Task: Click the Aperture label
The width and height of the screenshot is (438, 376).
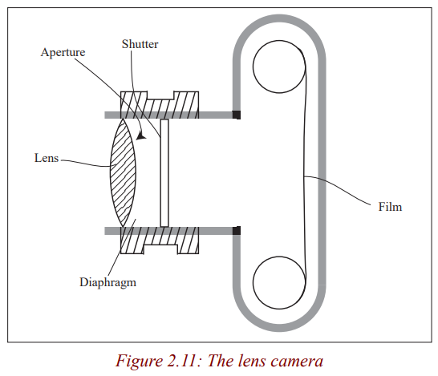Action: click(x=63, y=52)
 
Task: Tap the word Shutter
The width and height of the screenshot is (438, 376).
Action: click(x=140, y=44)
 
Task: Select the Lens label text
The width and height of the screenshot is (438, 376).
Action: click(x=47, y=158)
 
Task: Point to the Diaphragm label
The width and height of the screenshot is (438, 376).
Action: click(x=107, y=282)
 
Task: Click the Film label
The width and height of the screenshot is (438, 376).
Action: click(x=390, y=207)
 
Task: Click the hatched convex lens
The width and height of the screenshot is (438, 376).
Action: click(x=123, y=172)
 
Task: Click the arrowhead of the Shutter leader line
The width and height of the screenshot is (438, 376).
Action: click(x=141, y=136)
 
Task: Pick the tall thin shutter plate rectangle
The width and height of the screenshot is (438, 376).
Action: click(x=164, y=173)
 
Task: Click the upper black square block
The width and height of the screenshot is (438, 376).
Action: click(x=237, y=115)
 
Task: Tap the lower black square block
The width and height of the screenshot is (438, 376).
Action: click(x=237, y=231)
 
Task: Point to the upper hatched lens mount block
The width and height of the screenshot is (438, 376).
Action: click(x=160, y=105)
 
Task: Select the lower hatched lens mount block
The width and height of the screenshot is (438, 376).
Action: click(x=160, y=241)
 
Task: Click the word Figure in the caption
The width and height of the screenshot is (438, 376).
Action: click(x=139, y=362)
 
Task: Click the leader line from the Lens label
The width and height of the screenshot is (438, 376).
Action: click(x=86, y=164)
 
